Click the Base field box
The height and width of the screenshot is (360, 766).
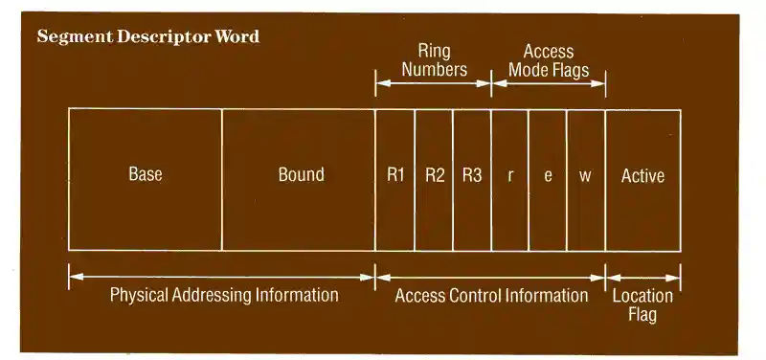(x=146, y=179)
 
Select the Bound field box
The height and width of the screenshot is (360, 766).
(x=299, y=179)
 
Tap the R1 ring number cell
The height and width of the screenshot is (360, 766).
(x=395, y=179)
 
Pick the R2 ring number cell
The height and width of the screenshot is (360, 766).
(x=434, y=179)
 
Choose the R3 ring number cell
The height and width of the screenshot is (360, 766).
(x=472, y=179)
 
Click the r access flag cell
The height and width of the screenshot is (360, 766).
(x=509, y=179)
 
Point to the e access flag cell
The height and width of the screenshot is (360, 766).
(x=548, y=179)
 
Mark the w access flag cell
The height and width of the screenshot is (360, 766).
(x=586, y=179)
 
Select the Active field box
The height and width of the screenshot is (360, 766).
(x=642, y=179)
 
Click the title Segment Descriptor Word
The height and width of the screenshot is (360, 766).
(x=147, y=37)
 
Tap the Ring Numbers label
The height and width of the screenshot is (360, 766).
(x=434, y=60)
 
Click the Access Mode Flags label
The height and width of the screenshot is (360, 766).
(x=549, y=60)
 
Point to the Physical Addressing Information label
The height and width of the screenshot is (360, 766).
(x=224, y=295)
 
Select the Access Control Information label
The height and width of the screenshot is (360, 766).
(x=491, y=295)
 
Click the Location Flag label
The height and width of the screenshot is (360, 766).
(x=642, y=304)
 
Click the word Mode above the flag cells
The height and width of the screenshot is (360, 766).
(x=528, y=70)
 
